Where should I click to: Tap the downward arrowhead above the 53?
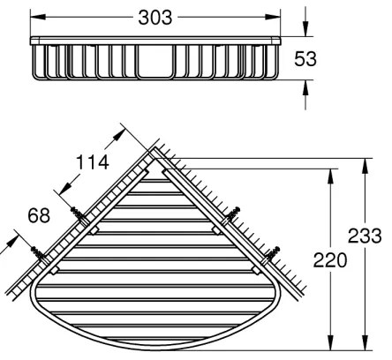coord(305,32)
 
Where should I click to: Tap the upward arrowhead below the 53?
coord(305,86)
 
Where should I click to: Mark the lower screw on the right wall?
coord(274,253)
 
